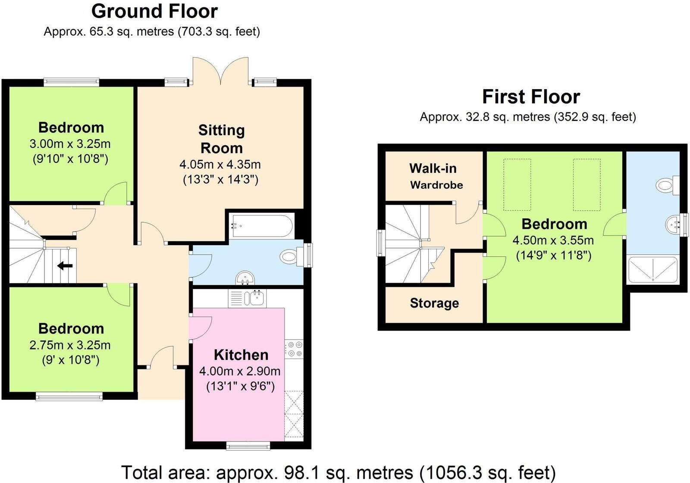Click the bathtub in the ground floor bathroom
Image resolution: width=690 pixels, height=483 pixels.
(x=261, y=226)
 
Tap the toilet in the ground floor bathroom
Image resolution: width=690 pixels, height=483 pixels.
(x=290, y=257)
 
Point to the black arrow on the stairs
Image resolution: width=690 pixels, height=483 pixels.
(x=65, y=266)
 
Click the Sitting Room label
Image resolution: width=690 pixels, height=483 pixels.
(x=221, y=139)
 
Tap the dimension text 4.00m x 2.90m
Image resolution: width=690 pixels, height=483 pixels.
(x=240, y=371)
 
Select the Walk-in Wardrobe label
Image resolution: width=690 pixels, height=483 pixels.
(x=434, y=176)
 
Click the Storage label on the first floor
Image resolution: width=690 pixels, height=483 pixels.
(x=434, y=303)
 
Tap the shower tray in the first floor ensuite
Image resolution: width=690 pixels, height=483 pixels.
(x=652, y=269)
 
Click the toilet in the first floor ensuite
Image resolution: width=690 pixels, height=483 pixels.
(x=666, y=186)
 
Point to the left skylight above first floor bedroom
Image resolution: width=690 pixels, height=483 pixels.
(x=517, y=185)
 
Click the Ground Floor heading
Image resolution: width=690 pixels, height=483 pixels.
(x=154, y=11)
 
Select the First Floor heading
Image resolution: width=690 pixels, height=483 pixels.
(x=531, y=97)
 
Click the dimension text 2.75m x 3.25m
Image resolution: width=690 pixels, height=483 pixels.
(x=70, y=345)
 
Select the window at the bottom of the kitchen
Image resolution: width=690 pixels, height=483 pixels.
(x=248, y=446)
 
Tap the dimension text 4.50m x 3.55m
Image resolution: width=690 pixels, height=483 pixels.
(x=553, y=240)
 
